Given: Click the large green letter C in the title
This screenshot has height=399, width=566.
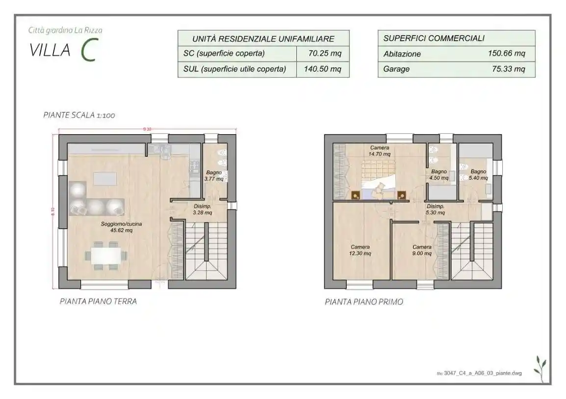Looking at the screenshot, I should point(88,50).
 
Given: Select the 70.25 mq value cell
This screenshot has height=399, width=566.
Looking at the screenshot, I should point(322,53).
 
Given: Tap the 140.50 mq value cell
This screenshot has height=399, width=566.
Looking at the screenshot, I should point(322,69).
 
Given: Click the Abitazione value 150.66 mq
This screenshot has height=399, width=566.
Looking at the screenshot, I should point(506,53).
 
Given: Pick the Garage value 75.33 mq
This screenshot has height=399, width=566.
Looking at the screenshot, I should point(508,69).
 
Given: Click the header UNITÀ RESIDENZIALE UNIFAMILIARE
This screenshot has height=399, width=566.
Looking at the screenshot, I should point(263,38).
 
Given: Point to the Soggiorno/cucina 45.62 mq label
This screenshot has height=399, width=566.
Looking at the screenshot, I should point(122,227).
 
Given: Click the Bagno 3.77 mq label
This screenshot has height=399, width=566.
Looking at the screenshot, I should point(214,176).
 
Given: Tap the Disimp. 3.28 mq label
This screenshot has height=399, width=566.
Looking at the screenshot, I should point(202,210).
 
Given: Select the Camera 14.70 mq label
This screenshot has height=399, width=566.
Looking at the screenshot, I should point(380,151).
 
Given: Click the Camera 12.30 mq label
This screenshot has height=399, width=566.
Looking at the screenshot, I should point(360,250).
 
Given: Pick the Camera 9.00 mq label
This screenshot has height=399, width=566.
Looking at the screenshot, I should point(422,250).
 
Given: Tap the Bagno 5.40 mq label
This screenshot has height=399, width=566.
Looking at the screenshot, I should point(478,175).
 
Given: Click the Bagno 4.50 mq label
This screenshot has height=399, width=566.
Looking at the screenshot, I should point(438,175).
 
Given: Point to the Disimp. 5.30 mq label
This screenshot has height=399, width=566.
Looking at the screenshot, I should point(435,210).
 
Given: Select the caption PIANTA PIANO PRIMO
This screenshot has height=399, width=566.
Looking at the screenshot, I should point(364,302).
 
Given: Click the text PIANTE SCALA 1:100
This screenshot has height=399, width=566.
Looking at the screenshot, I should point(79,116).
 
